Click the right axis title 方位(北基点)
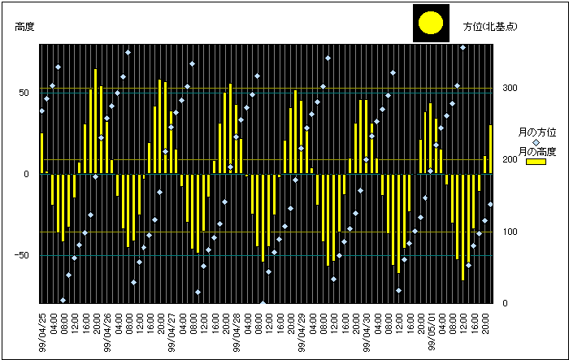(491, 27)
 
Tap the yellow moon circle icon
(430, 24)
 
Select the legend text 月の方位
(536, 131)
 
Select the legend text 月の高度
(536, 151)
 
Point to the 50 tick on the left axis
(24, 92)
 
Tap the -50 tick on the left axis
(23, 255)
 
